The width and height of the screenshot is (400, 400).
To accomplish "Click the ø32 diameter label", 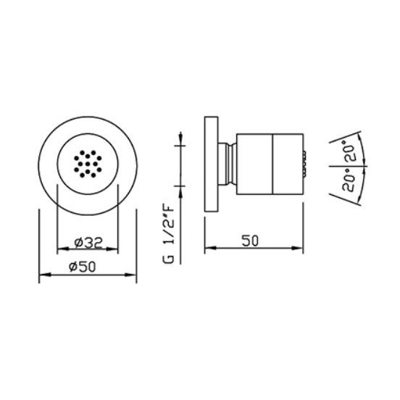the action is pos(88,242).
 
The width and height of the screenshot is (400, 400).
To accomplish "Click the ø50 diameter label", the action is pos(82,267).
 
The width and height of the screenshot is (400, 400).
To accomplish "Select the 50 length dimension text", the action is pos(250,241).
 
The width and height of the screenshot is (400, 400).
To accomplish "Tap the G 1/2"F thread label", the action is pos(168,234).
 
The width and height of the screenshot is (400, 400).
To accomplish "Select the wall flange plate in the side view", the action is pos(211,164).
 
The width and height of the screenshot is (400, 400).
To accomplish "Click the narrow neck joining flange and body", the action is pos(228,164).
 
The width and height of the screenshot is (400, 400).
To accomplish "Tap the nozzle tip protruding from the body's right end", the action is pos(304,164).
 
